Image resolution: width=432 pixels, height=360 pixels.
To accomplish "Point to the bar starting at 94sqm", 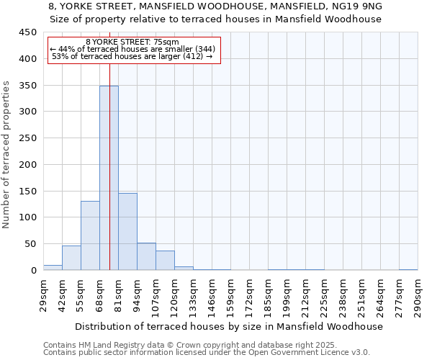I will pos(146,256).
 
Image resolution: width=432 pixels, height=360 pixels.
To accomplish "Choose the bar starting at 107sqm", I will pos(165,260).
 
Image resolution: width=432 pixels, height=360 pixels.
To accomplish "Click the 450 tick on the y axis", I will pos(28,32).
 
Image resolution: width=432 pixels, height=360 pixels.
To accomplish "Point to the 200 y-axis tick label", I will pos(28,165).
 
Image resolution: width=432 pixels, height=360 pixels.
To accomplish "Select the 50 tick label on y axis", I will pos(30,244).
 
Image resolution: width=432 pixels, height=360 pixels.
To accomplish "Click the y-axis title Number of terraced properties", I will pos(6,154).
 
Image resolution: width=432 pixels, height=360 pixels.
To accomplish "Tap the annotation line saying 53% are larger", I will pos(132,56).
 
